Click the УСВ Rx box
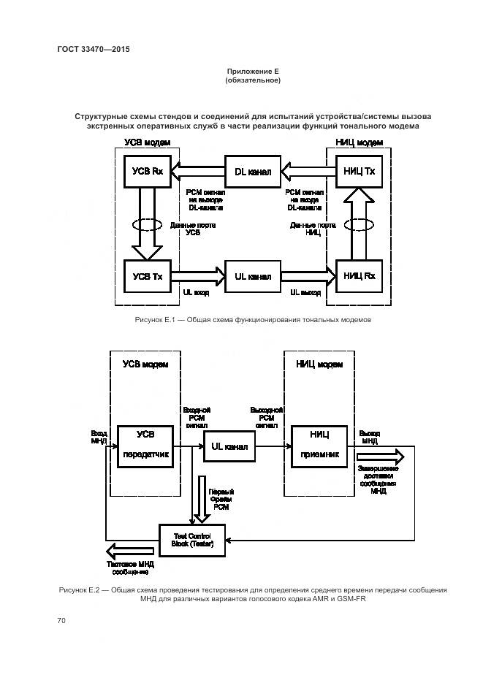(x=148, y=172)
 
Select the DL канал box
(x=252, y=172)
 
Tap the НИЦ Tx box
(x=359, y=172)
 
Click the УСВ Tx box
(x=148, y=276)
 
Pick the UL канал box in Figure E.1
(x=252, y=277)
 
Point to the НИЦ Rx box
(x=359, y=276)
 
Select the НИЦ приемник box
(x=319, y=444)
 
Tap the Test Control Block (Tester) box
(x=193, y=540)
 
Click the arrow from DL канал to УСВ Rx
(x=198, y=172)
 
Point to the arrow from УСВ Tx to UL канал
(x=198, y=277)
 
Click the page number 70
(x=61, y=621)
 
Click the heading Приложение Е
(x=253, y=71)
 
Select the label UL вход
(x=197, y=293)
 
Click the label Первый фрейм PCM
(x=220, y=499)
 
